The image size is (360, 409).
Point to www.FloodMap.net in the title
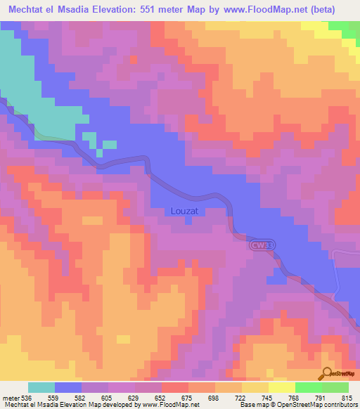264,9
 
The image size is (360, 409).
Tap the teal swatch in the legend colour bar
41,387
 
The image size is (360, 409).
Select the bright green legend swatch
308,387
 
